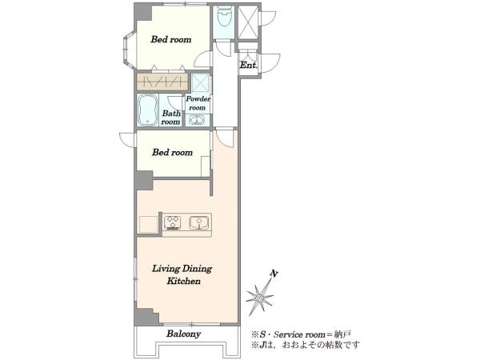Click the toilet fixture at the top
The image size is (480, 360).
(x=224, y=16)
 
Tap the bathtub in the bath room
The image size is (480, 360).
(x=147, y=110)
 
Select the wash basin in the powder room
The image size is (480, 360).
(x=196, y=119)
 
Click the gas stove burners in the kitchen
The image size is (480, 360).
(x=172, y=223)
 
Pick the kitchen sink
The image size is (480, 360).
(x=199, y=222)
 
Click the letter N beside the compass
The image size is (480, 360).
(x=274, y=273)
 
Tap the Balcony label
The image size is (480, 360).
(x=184, y=334)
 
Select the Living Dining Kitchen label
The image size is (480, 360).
(x=182, y=274)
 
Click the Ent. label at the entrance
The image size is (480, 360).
(x=248, y=66)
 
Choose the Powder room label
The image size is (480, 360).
(x=198, y=103)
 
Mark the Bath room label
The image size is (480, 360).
(x=171, y=118)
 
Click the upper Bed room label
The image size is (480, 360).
(x=171, y=39)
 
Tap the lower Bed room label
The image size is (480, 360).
(x=172, y=153)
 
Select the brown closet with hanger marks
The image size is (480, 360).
(x=162, y=82)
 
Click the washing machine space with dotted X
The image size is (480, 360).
(x=201, y=82)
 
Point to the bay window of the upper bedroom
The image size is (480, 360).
(x=129, y=50)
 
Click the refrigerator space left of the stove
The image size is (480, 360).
(x=148, y=224)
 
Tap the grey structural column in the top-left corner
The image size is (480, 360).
(x=143, y=12)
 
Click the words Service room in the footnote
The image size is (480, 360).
(x=299, y=334)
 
